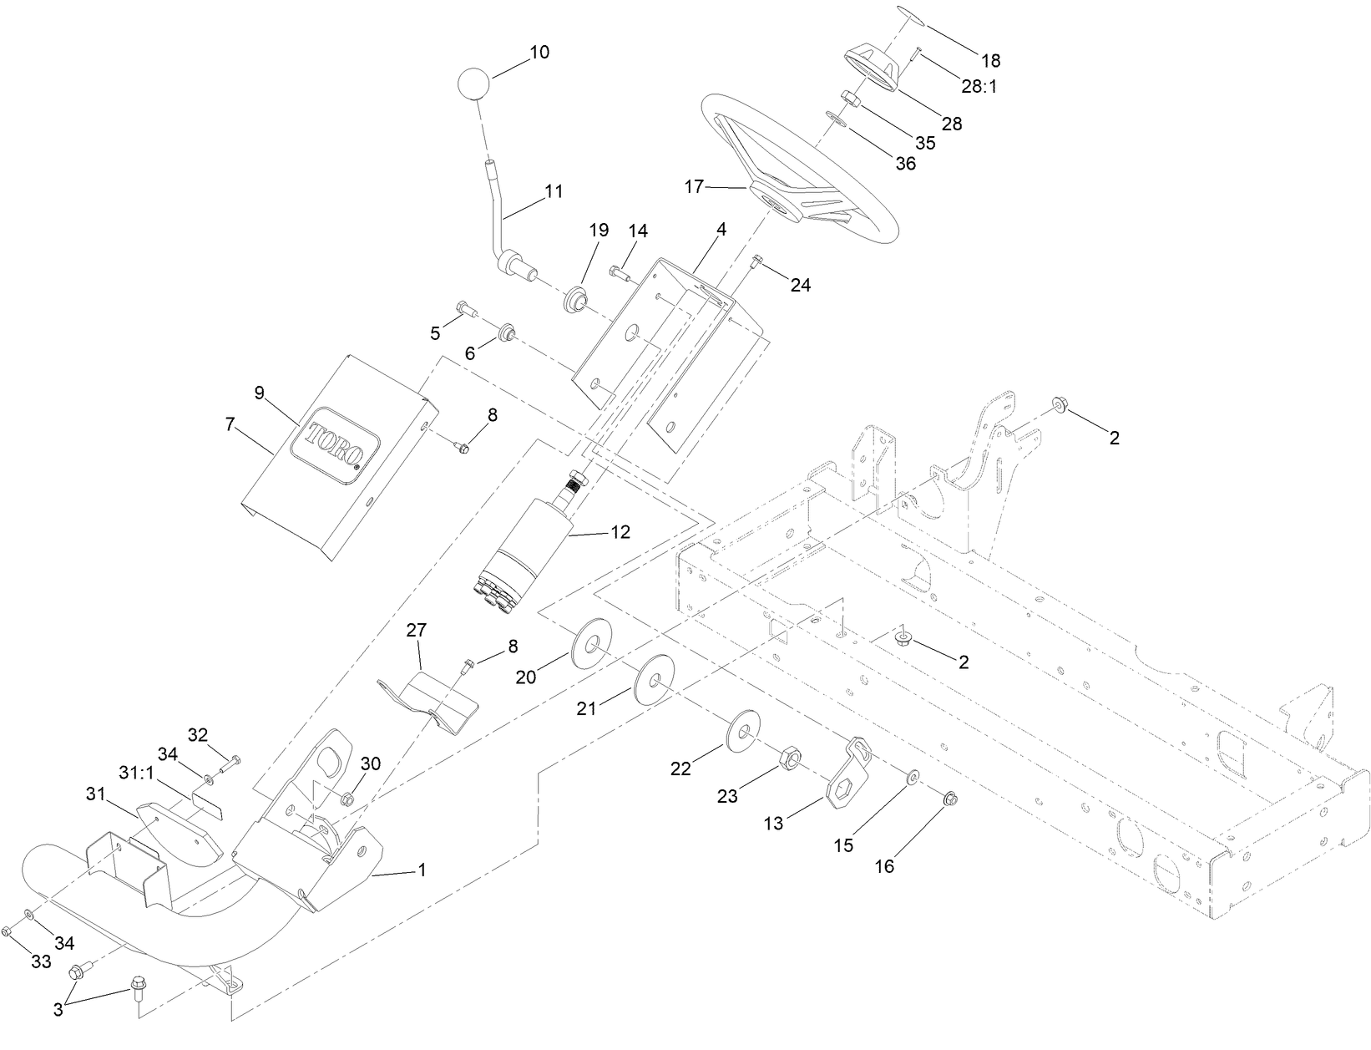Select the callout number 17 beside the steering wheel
695,186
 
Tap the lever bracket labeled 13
847,771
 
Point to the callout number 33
41,961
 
